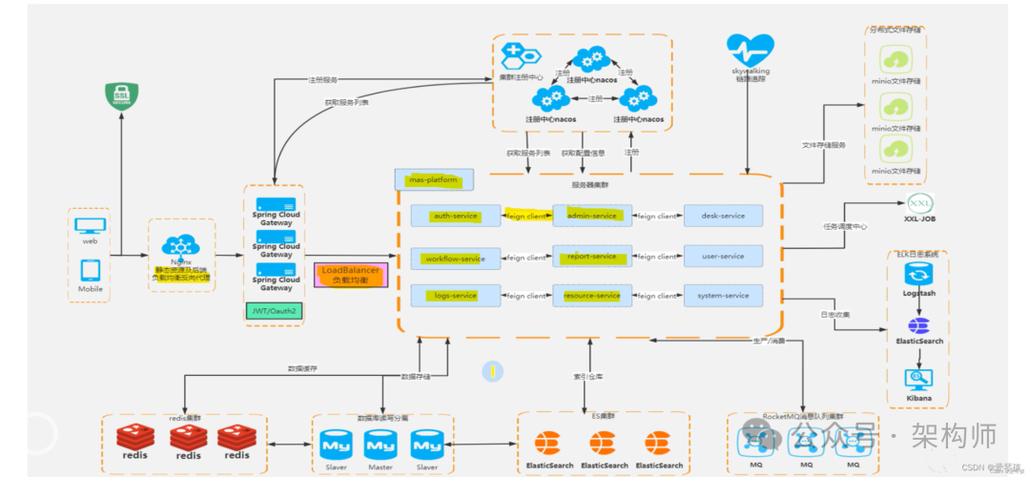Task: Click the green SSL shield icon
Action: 121,96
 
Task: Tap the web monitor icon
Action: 90,225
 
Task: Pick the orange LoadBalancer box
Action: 351,276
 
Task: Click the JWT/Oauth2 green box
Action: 275,310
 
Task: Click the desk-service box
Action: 722,217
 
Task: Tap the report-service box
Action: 591,257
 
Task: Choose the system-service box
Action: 722,296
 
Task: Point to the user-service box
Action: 722,257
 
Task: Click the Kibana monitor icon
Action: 919,380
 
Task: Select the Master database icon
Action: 381,445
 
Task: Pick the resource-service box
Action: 591,296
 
